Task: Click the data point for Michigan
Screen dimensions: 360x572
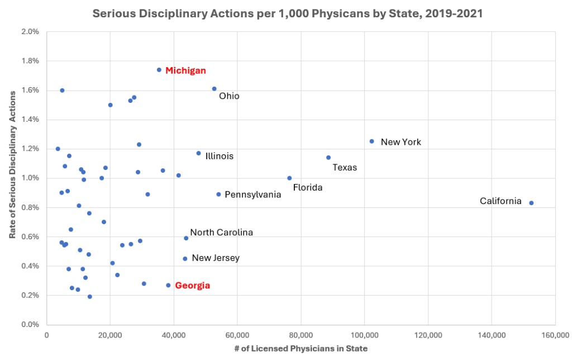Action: pos(159,70)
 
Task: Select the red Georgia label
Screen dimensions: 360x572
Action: pos(192,286)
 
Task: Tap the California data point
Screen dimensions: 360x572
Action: pos(531,203)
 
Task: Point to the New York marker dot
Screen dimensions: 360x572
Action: pos(372,141)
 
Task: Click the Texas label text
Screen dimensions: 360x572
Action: pos(345,167)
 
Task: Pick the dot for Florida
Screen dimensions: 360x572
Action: pos(289,178)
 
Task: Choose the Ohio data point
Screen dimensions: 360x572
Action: pos(214,89)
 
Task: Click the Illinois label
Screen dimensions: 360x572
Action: pos(219,156)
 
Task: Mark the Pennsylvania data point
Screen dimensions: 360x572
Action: pos(218,195)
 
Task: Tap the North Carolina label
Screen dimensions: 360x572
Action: pos(221,232)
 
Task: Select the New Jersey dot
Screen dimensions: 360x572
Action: pos(185,259)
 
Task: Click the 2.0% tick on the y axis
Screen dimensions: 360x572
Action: pos(30,32)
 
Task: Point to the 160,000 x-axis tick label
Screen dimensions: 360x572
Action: pos(555,335)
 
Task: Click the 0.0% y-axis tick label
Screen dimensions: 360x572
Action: pos(30,325)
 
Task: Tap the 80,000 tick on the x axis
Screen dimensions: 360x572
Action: pos(301,335)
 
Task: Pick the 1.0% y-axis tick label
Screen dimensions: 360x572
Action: pos(30,178)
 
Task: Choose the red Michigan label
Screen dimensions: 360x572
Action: pos(185,71)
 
